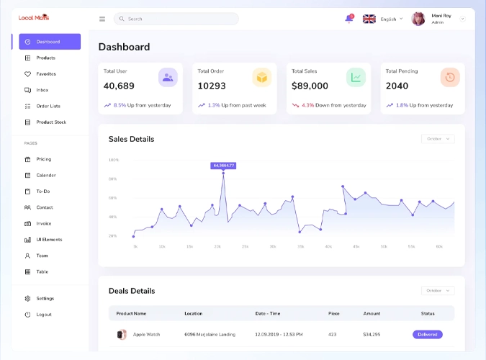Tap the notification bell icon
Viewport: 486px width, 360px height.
(x=349, y=19)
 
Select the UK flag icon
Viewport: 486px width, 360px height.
(x=369, y=19)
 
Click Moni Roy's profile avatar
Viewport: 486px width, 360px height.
(x=418, y=19)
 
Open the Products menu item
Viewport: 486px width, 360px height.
(x=45, y=58)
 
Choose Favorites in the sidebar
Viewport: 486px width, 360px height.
(x=45, y=74)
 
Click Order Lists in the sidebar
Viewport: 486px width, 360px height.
(x=48, y=106)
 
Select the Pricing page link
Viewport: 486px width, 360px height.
(x=43, y=159)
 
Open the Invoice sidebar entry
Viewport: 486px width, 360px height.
(x=43, y=223)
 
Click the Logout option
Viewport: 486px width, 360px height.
(x=43, y=315)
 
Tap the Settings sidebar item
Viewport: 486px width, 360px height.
(x=45, y=298)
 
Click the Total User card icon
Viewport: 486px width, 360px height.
(x=168, y=77)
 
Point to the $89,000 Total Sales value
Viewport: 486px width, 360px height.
(x=310, y=86)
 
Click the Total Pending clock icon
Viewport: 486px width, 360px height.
(x=450, y=77)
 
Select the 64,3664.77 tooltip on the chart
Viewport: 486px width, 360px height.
(x=223, y=166)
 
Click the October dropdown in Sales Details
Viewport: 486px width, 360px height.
(x=438, y=139)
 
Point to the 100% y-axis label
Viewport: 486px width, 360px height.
(x=113, y=160)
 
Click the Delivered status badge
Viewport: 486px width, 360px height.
(x=428, y=334)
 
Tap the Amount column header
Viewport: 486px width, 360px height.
(x=372, y=313)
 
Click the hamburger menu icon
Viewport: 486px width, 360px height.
(x=102, y=19)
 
